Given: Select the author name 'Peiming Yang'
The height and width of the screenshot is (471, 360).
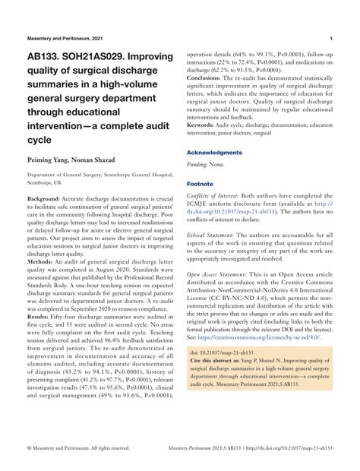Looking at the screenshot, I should pos(50,162).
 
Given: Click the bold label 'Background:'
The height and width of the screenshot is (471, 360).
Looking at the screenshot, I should pos(43,198).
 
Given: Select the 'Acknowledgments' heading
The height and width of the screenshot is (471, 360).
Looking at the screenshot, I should pos(219,153).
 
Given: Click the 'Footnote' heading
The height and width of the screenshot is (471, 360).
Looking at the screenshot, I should pos(201,184).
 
